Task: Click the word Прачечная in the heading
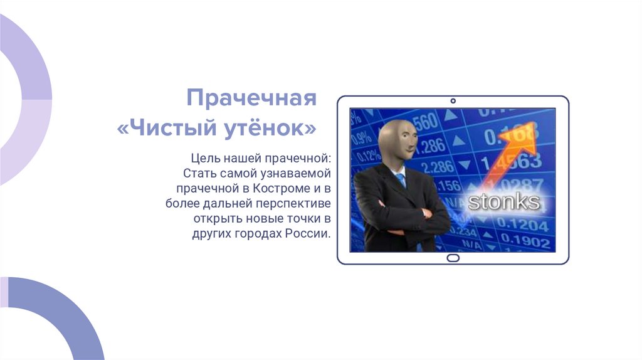point(251,98)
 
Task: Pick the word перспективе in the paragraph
point(293,203)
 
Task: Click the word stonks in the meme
point(503,201)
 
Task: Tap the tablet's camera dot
point(453,101)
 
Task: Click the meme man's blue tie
point(401,181)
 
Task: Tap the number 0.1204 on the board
point(524,225)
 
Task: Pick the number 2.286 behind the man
point(438,166)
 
